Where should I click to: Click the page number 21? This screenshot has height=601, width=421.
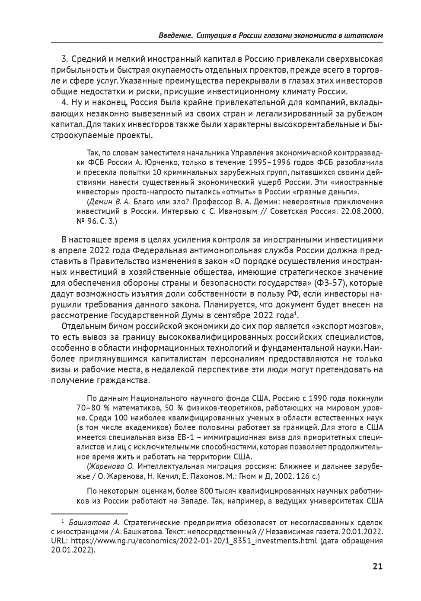[377, 566]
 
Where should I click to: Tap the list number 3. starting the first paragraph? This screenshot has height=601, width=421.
[65, 58]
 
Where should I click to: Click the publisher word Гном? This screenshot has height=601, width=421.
[252, 476]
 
